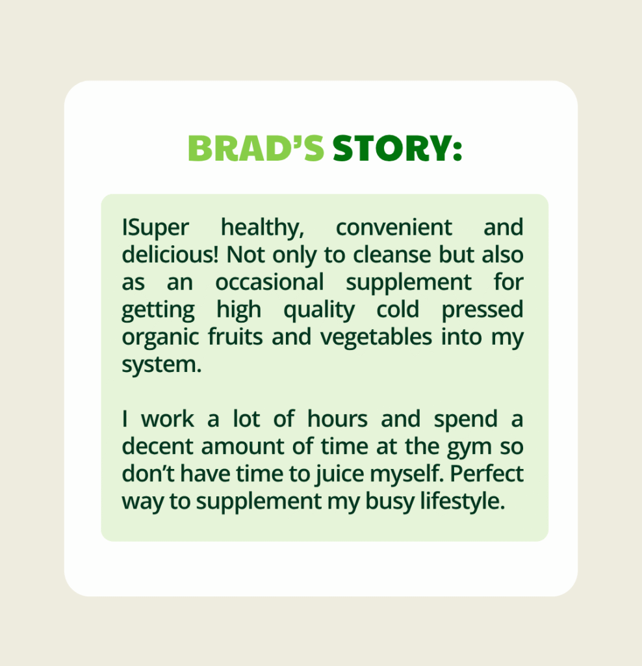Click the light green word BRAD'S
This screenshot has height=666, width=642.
256,149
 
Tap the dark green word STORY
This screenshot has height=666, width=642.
391,149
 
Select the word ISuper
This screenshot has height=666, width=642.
155,228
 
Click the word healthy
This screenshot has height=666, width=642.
263,228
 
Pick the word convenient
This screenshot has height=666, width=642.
393,228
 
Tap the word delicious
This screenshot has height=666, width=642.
170,255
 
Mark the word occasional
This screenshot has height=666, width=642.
270,282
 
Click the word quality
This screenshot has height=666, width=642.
318,310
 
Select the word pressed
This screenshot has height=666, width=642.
482,310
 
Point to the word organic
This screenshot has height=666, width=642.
160,338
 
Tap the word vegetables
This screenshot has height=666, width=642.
376,338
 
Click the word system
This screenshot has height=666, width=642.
161,365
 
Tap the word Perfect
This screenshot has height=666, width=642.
486,473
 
